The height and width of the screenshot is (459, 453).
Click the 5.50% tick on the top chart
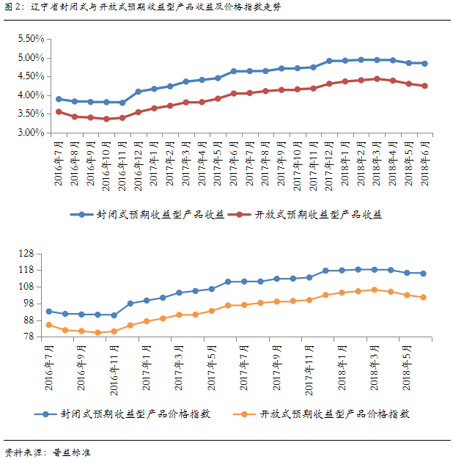pyautogui.click(x=29, y=38)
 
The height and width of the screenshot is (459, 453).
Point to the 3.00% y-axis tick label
pyautogui.click(x=29, y=133)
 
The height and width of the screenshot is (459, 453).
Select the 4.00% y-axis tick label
pyautogui.click(x=29, y=95)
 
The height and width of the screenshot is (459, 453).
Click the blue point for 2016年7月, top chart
pyautogui.click(x=59, y=98)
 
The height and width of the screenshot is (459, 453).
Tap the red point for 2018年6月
pyautogui.click(x=424, y=86)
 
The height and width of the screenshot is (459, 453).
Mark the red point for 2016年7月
pyautogui.click(x=59, y=111)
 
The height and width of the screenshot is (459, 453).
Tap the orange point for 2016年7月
pyautogui.click(x=49, y=325)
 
